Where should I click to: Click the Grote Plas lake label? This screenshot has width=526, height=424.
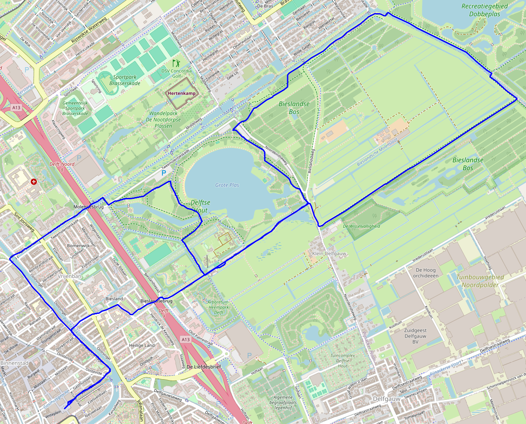[x=227, y=185]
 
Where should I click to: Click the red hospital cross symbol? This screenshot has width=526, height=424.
[x=34, y=181]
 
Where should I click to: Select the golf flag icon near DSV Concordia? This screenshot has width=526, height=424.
[x=176, y=63]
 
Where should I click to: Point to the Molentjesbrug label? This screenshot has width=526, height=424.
[x=88, y=206]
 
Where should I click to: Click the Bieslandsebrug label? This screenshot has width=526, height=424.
[x=156, y=301]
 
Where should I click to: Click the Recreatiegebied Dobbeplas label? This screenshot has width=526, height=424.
[x=484, y=10]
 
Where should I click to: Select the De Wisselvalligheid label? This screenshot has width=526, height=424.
[x=361, y=226]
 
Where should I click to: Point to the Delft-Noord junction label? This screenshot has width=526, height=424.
[x=62, y=166]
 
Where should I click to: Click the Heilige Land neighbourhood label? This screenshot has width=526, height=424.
[x=142, y=345]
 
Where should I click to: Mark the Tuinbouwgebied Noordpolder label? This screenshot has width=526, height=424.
[x=479, y=280]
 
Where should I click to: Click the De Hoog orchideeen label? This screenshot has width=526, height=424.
[x=427, y=273]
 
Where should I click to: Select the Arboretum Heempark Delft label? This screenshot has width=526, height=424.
[x=218, y=307]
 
